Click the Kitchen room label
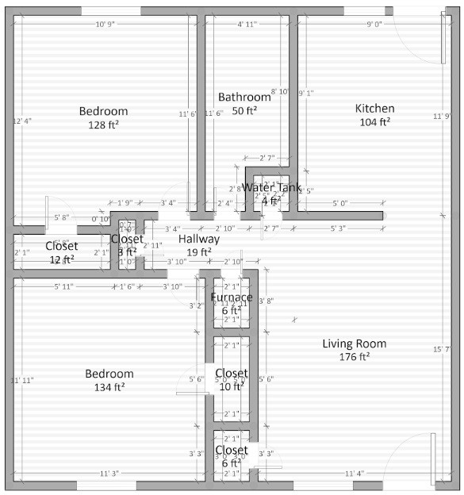[x=374, y=109]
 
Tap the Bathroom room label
[x=244, y=97]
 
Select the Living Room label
[x=354, y=343]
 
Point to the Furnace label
[x=231, y=297]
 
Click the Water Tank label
[x=271, y=188]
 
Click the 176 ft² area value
[x=354, y=357]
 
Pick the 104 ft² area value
[x=374, y=122]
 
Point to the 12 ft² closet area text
[x=62, y=259]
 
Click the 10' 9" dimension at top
[x=105, y=25]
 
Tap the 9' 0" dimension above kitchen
[x=374, y=25]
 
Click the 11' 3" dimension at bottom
[x=110, y=474]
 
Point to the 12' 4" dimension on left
[x=23, y=121]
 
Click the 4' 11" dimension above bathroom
[x=247, y=25]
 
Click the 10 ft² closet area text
[x=231, y=386]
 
